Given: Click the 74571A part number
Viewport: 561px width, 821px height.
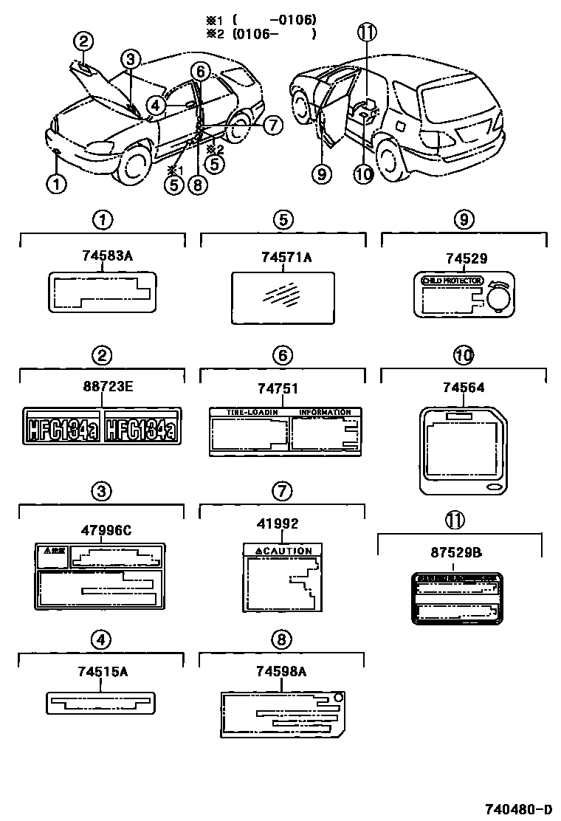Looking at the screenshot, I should (x=286, y=256).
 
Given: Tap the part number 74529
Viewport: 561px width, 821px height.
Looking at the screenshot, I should (x=466, y=258).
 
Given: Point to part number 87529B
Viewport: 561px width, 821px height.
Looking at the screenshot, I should (x=459, y=552).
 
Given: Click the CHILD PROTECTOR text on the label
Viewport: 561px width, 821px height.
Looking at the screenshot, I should (x=452, y=281).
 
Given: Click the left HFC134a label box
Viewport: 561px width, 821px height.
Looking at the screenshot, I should (x=62, y=427).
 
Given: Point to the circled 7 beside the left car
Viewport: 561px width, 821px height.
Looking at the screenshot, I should (x=272, y=125).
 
